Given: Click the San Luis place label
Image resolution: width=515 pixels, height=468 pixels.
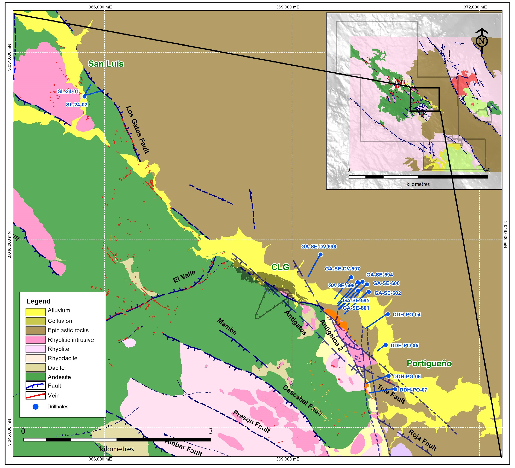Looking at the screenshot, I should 106,64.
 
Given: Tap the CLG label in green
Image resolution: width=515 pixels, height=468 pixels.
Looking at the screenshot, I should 280,267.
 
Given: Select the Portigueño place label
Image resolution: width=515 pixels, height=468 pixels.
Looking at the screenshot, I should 429,363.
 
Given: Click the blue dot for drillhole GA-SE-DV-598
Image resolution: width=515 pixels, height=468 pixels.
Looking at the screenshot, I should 320,255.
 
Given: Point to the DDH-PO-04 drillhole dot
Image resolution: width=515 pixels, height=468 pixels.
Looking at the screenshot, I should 388,314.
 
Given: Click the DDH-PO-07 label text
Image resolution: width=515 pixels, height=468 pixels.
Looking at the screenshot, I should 413,390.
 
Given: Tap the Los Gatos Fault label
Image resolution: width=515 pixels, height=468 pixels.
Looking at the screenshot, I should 137,130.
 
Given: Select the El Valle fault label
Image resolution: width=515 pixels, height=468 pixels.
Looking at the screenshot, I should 185,277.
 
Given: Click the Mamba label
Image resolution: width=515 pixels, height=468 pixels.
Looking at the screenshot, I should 227,326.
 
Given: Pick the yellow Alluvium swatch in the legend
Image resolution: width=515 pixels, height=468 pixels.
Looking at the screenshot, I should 35,312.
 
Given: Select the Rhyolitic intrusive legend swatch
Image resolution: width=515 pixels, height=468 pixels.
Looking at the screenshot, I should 35,340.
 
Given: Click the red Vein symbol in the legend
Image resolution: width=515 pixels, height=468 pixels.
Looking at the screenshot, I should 35,395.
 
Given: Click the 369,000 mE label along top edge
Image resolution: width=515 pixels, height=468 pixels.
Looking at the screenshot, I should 288,7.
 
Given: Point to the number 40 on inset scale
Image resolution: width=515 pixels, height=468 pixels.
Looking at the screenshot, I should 488,170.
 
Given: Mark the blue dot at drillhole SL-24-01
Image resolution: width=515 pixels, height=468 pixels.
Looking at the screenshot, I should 85,96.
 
